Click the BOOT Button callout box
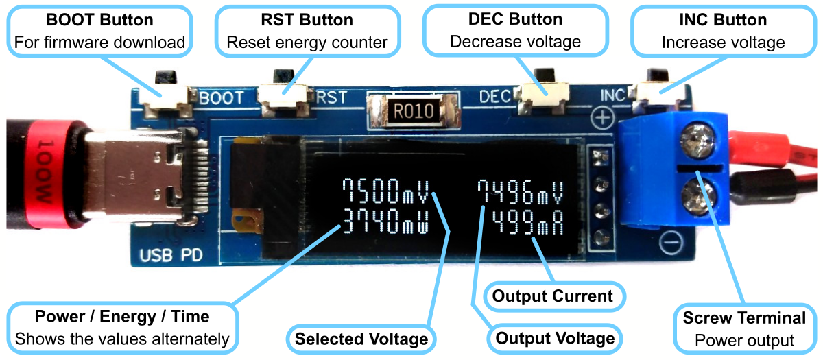coord(99,31)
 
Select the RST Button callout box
coord(307,31)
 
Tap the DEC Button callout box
coord(515,31)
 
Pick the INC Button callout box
coord(723,31)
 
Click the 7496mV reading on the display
coord(522,193)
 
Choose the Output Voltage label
coord(555,338)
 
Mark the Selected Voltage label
coord(361,339)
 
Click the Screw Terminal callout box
coord(744,328)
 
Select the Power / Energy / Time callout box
coord(122,327)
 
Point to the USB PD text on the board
coord(170,256)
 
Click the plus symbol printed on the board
coord(602,118)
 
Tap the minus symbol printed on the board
coord(672,241)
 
